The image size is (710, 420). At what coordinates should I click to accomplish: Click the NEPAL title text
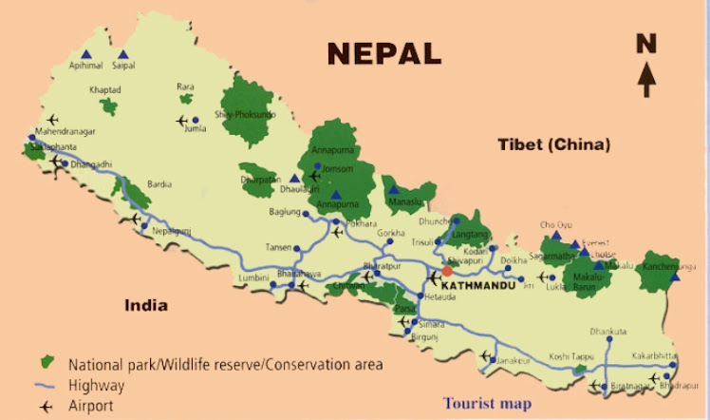tap(384, 52)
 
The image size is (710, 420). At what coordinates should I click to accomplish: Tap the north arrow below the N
tap(646, 78)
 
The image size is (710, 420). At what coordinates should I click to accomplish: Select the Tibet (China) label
tap(553, 145)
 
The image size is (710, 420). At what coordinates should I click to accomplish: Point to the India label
tap(146, 305)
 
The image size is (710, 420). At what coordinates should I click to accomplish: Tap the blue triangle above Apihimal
tap(86, 54)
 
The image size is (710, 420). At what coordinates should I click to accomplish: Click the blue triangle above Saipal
tap(122, 54)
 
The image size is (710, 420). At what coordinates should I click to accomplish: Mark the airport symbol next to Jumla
tap(182, 121)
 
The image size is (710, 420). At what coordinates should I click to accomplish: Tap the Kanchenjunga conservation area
tap(659, 271)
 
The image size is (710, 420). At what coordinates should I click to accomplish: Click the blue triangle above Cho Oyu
tap(556, 236)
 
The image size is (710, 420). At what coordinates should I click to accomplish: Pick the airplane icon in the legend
tap(44, 406)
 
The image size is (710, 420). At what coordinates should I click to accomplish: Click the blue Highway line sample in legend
tap(44, 386)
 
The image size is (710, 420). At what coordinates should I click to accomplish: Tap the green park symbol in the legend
tap(44, 364)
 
